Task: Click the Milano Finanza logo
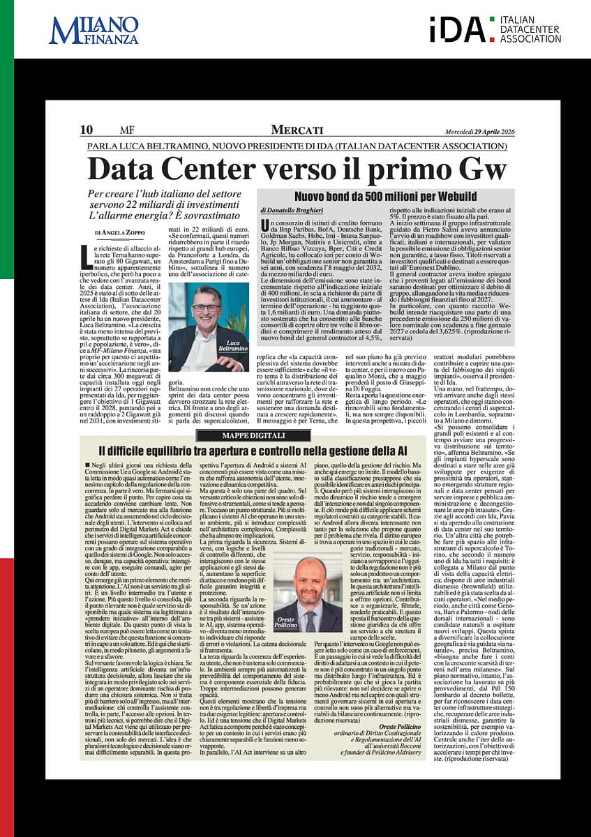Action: [93, 31]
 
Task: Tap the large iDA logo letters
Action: [456, 30]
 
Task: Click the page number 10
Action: [87, 130]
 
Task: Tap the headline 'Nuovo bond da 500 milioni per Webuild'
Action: [386, 197]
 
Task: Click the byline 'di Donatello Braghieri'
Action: [292, 210]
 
